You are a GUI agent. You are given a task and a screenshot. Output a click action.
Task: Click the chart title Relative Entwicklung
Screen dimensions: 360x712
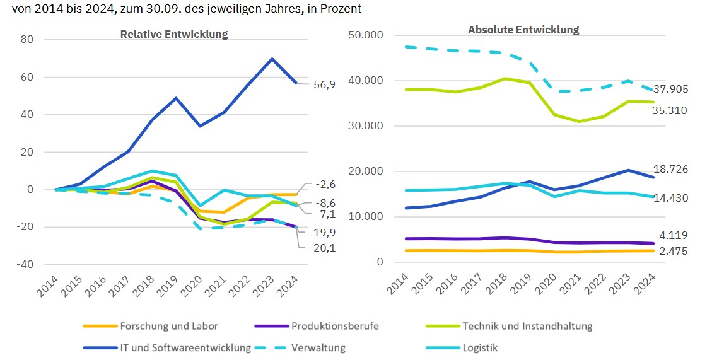pos(174,34)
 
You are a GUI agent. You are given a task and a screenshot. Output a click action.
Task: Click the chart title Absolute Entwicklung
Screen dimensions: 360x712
pos(523,30)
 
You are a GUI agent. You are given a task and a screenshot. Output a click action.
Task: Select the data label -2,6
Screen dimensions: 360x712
pos(324,185)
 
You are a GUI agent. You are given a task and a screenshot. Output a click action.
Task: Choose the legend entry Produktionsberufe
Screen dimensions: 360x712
pos(334,326)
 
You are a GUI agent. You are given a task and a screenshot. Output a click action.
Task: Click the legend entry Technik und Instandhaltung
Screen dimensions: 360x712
pos(527,326)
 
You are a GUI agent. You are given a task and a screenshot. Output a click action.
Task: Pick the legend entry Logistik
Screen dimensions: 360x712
pos(480,347)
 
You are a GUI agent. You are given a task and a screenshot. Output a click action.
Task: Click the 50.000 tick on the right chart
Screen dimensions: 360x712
pos(366,35)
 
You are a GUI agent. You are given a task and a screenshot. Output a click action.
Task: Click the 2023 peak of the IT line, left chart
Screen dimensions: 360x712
pos(272,59)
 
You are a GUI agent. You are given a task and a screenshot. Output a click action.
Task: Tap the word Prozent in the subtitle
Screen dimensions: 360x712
pos(342,9)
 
